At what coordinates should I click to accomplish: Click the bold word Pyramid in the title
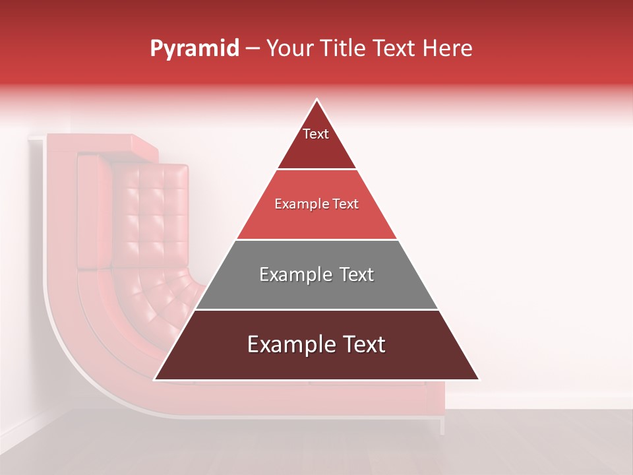[194, 49]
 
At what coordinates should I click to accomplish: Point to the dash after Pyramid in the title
[253, 49]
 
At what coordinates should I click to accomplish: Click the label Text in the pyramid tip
[316, 134]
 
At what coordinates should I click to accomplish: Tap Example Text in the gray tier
[316, 274]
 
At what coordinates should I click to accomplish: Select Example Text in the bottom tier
[316, 344]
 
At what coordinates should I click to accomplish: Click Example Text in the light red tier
[316, 204]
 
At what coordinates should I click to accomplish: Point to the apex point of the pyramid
[316, 100]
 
